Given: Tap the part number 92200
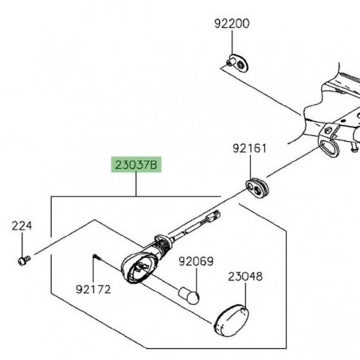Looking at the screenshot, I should pyautogui.click(x=232, y=24).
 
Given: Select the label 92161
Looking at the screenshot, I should pyautogui.click(x=250, y=148).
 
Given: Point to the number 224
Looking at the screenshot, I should pyautogui.click(x=21, y=226).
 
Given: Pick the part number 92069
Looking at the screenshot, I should pyautogui.click(x=195, y=261).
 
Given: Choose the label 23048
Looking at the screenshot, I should pyautogui.click(x=245, y=277).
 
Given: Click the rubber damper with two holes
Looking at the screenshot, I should pyautogui.click(x=256, y=187).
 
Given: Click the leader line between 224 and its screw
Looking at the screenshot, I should pyautogui.click(x=21, y=243).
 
